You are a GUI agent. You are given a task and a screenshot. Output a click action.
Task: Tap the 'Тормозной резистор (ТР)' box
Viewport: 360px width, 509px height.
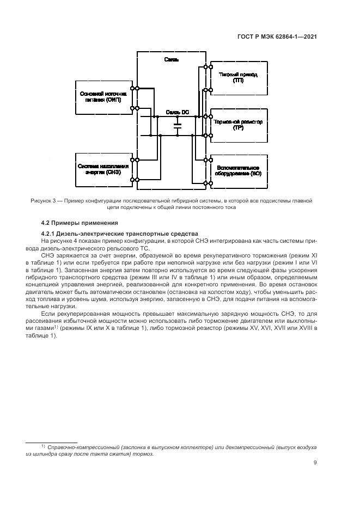[x=237, y=124]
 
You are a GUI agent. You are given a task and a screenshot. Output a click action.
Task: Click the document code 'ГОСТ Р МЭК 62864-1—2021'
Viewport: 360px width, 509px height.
[x=277, y=37]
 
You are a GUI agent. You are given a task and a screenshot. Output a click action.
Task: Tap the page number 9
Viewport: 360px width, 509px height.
[x=315, y=463]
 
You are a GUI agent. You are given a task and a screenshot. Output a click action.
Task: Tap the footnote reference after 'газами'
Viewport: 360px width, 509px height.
[x=56, y=327]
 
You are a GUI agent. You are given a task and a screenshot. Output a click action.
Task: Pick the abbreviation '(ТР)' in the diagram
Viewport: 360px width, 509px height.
[x=238, y=127]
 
